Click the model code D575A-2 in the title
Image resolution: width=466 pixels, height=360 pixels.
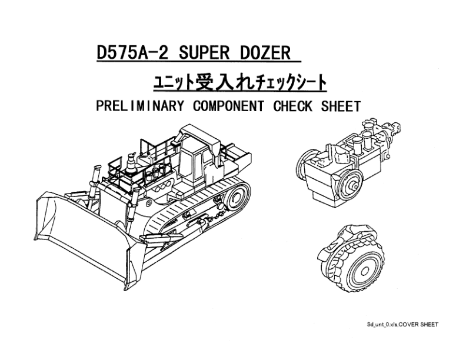(x=132, y=52)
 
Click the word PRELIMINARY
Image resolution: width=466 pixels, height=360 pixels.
(x=140, y=106)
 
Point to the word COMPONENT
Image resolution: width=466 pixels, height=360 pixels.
(x=228, y=106)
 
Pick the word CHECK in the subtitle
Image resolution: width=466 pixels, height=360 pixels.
(x=293, y=106)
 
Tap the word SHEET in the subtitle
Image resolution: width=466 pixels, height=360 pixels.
(x=341, y=106)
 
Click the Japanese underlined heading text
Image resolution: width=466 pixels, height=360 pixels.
(x=240, y=83)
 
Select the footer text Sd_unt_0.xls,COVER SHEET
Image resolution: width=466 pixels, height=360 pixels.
(x=402, y=325)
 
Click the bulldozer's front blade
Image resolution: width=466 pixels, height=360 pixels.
(x=86, y=238)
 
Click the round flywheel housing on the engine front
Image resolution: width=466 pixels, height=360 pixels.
(x=351, y=182)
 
